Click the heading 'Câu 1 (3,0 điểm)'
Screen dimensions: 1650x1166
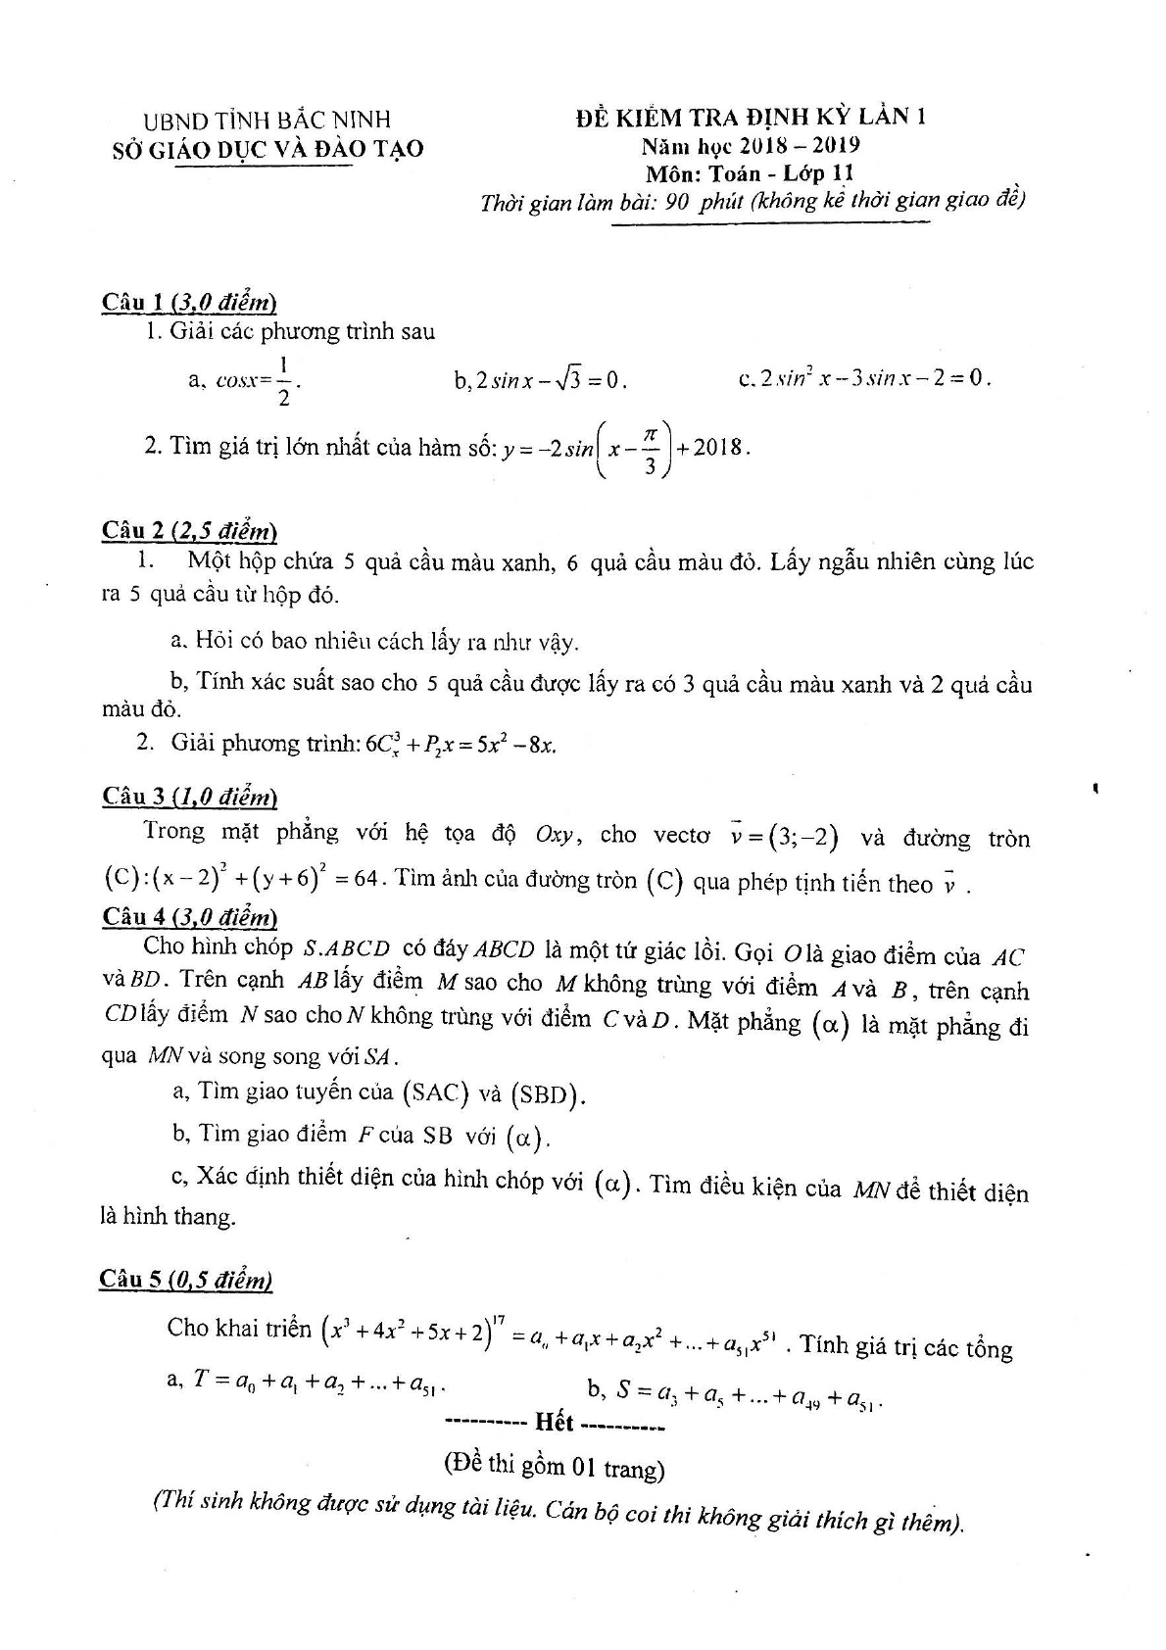point(189,302)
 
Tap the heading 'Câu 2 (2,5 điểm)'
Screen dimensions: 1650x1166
point(189,531)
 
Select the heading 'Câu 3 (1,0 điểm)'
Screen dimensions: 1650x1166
point(189,796)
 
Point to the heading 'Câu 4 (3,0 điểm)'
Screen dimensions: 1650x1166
point(189,917)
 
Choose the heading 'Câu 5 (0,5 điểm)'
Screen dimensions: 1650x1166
point(186,1280)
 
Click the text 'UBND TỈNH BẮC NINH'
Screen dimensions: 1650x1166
point(267,120)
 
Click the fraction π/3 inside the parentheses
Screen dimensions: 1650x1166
point(648,449)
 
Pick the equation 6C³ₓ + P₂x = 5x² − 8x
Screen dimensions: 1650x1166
point(461,745)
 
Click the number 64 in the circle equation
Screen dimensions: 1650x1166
point(365,878)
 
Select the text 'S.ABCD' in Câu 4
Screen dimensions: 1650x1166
point(347,948)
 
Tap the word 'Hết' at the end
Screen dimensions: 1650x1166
point(555,1423)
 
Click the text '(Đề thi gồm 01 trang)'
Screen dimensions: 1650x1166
point(554,1467)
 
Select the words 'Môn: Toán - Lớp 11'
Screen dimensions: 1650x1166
point(750,173)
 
